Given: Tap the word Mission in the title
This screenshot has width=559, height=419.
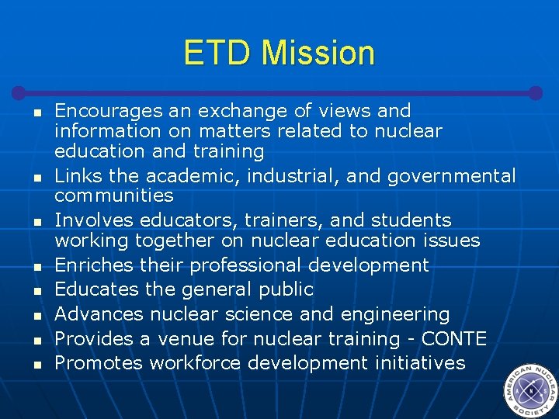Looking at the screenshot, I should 318,53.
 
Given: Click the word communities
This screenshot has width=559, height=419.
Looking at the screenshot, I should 113,195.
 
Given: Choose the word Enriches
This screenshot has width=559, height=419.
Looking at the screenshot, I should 94,265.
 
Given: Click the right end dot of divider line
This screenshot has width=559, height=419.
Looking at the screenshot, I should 535,92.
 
